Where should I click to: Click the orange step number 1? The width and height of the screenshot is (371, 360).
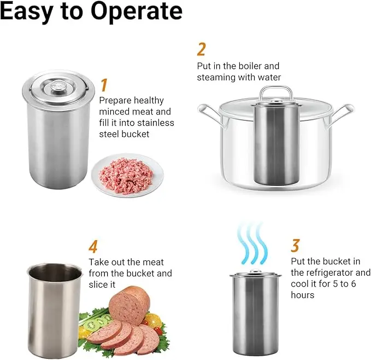point(104,86)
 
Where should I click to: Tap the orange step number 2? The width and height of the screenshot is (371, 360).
point(202,49)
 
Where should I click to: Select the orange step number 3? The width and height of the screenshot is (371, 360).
point(296,246)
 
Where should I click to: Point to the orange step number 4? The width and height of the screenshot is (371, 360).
point(93,247)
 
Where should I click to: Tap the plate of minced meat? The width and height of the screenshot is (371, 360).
point(127,175)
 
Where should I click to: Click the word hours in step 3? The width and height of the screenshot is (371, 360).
point(303,295)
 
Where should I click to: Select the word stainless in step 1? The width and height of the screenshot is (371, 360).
point(156,123)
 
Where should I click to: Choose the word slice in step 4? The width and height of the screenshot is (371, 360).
point(98,284)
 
